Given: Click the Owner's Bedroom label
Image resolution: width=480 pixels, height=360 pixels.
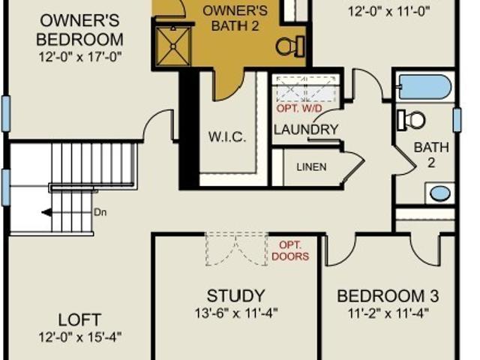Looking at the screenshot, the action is pyautogui.click(x=79, y=30).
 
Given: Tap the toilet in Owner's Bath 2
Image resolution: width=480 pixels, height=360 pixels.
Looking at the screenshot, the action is pyautogui.click(x=290, y=46).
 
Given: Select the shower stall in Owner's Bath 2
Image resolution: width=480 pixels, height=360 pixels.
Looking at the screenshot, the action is pyautogui.click(x=173, y=46).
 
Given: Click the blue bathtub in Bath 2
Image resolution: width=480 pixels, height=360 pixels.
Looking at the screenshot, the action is pyautogui.click(x=425, y=87).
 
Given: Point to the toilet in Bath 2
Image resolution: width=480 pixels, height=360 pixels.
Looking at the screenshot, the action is pyautogui.click(x=412, y=120).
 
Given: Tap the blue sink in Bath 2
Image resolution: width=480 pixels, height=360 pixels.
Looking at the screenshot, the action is pyautogui.click(x=440, y=193).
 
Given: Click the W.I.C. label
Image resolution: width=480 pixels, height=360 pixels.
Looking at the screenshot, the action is pyautogui.click(x=227, y=136).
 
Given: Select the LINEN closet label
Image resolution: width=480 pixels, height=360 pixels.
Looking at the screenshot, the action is pyautogui.click(x=312, y=167).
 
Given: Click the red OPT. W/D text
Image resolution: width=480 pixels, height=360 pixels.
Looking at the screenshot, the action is pyautogui.click(x=299, y=108).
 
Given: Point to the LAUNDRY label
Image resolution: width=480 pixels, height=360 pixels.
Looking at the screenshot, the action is pyautogui.click(x=306, y=130).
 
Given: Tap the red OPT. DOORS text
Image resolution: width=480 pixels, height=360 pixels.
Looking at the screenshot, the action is pyautogui.click(x=290, y=250).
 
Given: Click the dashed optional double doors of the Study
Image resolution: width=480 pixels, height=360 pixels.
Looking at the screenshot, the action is pyautogui.click(x=236, y=249).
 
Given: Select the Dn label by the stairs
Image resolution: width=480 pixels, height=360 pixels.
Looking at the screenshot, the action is pyautogui.click(x=100, y=212).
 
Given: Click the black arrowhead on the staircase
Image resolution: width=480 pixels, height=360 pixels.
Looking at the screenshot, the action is pyautogui.click(x=46, y=212).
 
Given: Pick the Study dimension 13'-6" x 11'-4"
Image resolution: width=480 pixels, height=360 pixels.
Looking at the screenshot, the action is pyautogui.click(x=236, y=313).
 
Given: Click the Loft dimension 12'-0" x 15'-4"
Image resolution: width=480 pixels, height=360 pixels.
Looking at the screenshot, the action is pyautogui.click(x=80, y=337).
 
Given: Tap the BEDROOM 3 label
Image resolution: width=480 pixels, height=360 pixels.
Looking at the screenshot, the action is pyautogui.click(x=388, y=296).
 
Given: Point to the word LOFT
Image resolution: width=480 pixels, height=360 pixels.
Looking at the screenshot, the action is pyautogui.click(x=79, y=320).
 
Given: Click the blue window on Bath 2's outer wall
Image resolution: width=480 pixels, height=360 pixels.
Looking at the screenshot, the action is pyautogui.click(x=457, y=120).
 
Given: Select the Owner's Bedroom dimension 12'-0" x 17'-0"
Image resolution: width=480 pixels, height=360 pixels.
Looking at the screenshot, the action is pyautogui.click(x=80, y=57).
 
